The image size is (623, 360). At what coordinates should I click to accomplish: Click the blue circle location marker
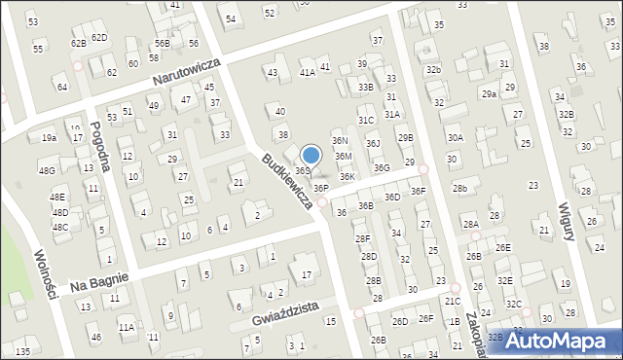[311, 155]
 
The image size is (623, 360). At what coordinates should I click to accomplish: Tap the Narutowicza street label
[186, 71]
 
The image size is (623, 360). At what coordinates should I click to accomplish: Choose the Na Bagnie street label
[95, 283]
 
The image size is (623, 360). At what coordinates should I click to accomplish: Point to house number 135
[22, 350]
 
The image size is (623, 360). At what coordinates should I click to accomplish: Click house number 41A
[308, 72]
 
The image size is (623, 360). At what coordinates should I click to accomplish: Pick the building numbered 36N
[340, 141]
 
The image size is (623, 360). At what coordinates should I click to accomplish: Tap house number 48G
[47, 171]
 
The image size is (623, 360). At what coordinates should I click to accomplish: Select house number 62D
[99, 37]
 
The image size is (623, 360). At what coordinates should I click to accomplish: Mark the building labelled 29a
[489, 93]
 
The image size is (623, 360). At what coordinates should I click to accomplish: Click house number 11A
[127, 328]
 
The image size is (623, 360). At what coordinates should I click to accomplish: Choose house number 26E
[502, 247]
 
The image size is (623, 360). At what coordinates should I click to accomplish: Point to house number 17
[306, 275]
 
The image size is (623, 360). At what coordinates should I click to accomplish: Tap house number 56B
[162, 44]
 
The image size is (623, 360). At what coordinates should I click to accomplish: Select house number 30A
[455, 138]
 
